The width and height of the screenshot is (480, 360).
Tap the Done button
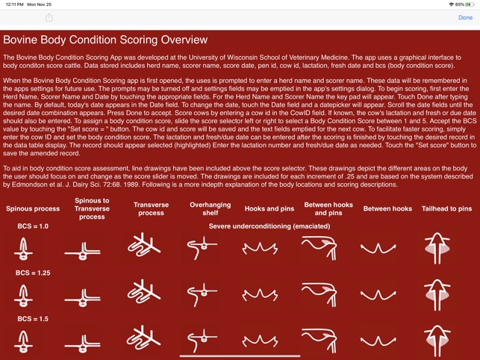[x=465, y=17]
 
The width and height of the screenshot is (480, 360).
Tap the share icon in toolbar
[x=49, y=17]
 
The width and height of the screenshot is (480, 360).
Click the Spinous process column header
[x=32, y=209]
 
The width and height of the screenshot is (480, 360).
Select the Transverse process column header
[x=151, y=208]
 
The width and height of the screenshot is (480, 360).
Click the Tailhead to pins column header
[x=446, y=209]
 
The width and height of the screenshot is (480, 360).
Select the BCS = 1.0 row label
[x=32, y=226]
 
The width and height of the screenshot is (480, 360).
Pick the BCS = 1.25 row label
[x=32, y=273]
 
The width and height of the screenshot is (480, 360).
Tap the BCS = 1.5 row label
[x=32, y=319]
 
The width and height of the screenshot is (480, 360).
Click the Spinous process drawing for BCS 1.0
[x=24, y=249]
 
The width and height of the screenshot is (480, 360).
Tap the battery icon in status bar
[x=470, y=4]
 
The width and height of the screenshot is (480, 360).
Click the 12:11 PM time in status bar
[x=13, y=4]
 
